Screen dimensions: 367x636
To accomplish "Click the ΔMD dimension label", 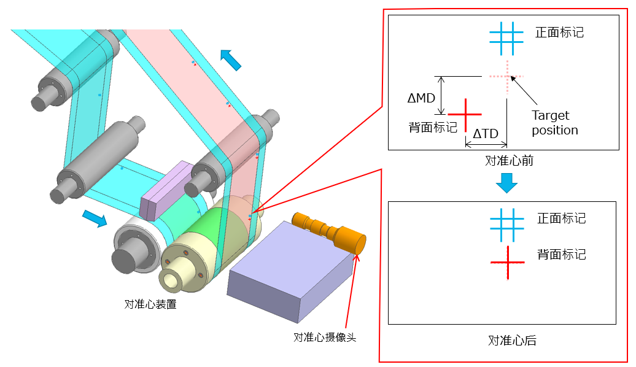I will point(421,98).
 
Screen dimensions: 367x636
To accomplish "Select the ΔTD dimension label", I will point(485,133).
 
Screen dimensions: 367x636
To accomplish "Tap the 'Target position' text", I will point(554,123).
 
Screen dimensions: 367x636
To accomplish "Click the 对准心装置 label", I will point(150,304).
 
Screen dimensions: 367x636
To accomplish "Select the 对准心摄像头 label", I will point(325,337).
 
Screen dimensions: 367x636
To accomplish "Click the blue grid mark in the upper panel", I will point(506,33).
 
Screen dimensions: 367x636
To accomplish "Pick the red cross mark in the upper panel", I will point(465,114).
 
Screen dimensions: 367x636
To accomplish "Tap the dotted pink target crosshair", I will point(507,77).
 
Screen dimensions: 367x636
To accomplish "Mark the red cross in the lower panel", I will point(508,262).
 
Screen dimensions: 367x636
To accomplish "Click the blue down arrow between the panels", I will point(507,182).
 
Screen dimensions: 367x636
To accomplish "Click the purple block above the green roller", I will point(166,191).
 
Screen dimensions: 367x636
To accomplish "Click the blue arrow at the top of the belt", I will point(231,60).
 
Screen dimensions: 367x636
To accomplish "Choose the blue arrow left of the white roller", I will point(94,218).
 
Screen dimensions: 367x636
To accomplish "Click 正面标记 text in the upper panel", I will point(559,33).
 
